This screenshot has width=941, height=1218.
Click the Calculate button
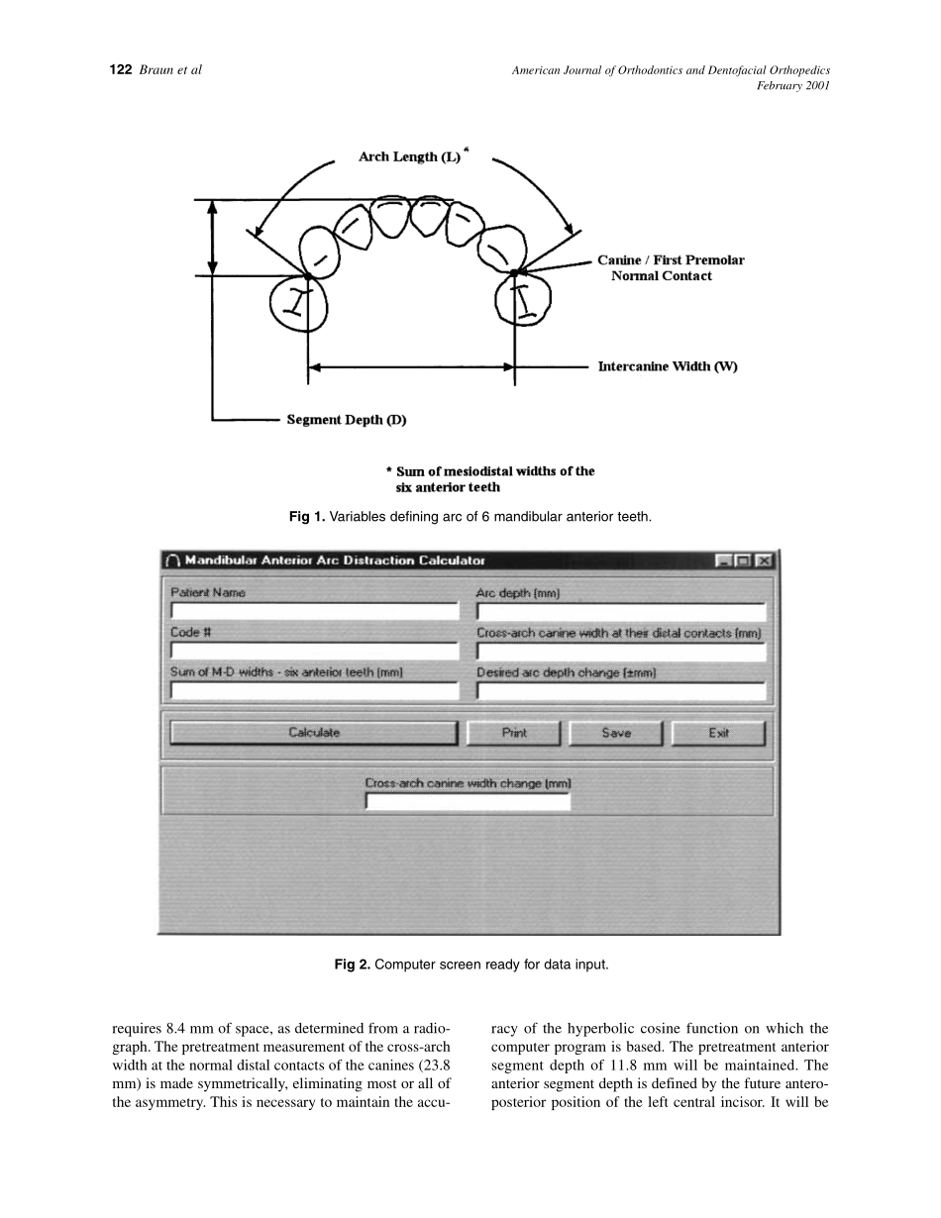click(313, 734)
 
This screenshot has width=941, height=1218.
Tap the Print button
click(514, 734)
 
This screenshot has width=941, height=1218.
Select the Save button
click(615, 734)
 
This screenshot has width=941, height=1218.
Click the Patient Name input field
click(314, 612)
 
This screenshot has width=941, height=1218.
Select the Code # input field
click(314, 652)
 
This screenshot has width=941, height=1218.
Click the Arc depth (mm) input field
click(621, 612)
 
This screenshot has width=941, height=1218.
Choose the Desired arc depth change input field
click(621, 691)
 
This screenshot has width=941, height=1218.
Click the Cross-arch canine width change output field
click(468, 802)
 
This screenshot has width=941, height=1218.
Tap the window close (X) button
click(764, 560)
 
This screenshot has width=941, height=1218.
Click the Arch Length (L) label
click(409, 157)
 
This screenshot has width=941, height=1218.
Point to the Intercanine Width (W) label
click(667, 366)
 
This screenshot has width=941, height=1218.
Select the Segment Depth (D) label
click(347, 420)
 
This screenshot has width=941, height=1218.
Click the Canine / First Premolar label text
click(670, 260)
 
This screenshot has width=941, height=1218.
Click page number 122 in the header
click(120, 70)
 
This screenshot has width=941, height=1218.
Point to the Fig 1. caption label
click(307, 517)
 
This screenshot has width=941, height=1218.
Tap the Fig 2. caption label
click(353, 964)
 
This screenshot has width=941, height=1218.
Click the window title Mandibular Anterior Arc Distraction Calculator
click(335, 560)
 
